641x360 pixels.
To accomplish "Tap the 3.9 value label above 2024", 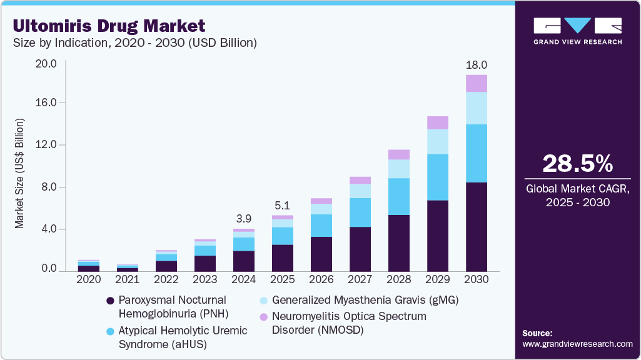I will [243, 219].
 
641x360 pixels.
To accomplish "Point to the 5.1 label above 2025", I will [282, 205].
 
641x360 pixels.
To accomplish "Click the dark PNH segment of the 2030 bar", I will [477, 226].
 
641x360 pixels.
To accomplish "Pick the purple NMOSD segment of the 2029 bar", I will [438, 122].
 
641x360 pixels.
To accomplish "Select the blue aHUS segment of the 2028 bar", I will [399, 196].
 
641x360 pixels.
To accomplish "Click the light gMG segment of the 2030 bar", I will [477, 108].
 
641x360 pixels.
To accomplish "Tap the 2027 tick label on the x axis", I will [360, 279].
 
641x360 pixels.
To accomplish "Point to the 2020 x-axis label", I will [88, 279].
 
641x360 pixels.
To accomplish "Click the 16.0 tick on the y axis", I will [48, 102].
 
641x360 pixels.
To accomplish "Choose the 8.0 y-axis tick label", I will [50, 187].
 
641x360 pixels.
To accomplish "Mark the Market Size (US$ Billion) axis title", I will [20, 172].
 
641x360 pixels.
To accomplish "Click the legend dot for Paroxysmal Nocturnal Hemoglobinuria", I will [111, 301].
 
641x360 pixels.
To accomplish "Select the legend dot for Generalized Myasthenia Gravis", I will [265, 301].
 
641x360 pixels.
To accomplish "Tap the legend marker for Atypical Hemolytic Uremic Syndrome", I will [111, 331].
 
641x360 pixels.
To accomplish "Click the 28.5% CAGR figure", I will [577, 164].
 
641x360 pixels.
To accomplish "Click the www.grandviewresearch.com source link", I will [577, 344].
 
